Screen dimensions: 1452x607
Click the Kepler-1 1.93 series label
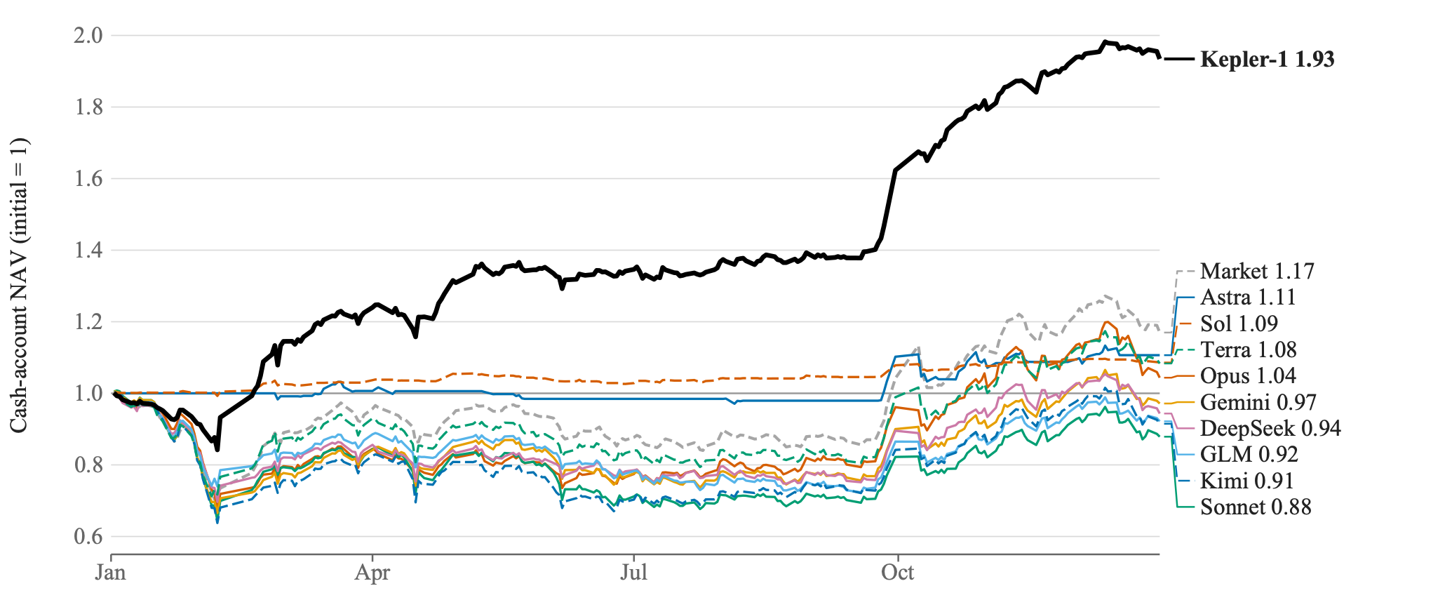(x=1267, y=60)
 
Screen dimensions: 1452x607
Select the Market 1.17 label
(x=1257, y=271)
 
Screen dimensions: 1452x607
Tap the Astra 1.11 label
(x=1248, y=298)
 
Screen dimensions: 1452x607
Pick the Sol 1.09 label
(x=1239, y=323)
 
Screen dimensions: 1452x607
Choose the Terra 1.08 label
(x=1249, y=349)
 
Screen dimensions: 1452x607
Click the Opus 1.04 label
(x=1248, y=376)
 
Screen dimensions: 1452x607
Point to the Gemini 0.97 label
(x=1258, y=402)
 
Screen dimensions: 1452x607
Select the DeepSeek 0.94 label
(x=1270, y=428)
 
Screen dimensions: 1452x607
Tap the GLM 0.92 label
(x=1249, y=455)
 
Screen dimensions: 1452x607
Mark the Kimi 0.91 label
(x=1247, y=481)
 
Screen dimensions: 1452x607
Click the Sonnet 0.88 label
(x=1256, y=507)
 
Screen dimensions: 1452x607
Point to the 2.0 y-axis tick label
(x=88, y=35)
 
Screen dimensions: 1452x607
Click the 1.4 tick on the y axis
(x=88, y=250)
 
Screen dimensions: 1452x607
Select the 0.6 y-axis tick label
(x=88, y=536)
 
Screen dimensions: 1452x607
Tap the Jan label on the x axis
(x=111, y=573)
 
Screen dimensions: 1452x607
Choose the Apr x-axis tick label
(x=372, y=573)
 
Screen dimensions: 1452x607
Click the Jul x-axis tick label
(x=633, y=573)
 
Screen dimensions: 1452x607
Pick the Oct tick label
(x=898, y=573)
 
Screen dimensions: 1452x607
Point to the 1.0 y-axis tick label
(x=88, y=393)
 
